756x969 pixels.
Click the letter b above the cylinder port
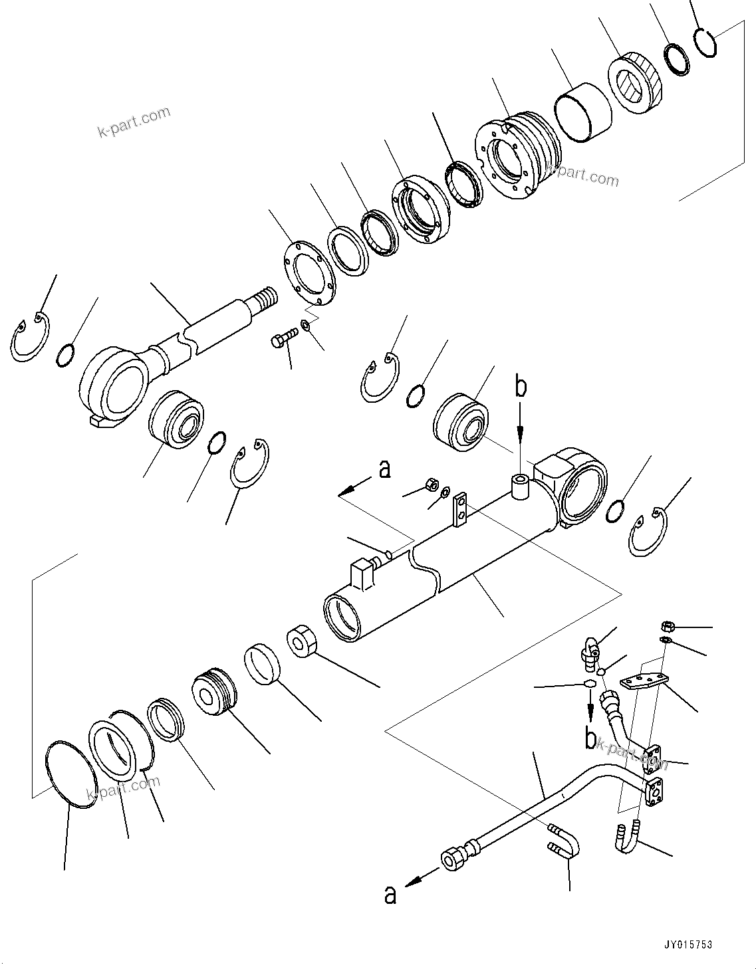pyautogui.click(x=521, y=387)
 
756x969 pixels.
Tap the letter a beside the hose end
pyautogui.click(x=390, y=895)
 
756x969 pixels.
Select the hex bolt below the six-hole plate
pyautogui.click(x=281, y=340)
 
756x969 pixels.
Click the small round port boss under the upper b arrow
pyautogui.click(x=519, y=486)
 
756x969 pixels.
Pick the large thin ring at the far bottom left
pyautogui.click(x=70, y=776)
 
